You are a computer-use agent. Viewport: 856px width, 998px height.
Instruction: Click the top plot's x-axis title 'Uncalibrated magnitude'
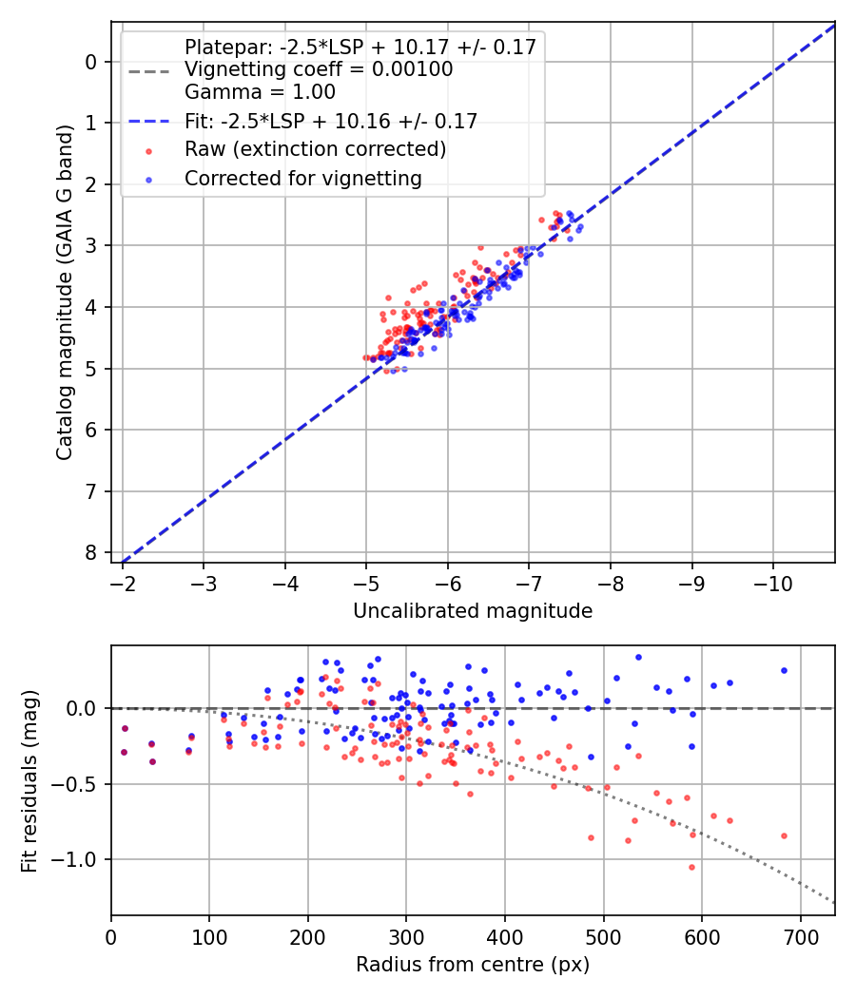[x=473, y=611]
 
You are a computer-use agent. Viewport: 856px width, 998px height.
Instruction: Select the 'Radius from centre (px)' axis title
[x=473, y=965]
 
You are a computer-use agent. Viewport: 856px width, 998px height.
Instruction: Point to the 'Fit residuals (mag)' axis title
[x=29, y=780]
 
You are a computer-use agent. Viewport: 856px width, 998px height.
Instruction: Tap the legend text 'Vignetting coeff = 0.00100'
[x=319, y=69]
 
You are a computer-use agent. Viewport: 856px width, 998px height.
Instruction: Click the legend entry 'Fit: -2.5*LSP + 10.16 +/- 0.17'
[x=331, y=121]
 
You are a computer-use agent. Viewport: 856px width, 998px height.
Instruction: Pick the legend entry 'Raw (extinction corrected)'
[x=315, y=149]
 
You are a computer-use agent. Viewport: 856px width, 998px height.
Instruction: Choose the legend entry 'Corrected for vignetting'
[x=303, y=178]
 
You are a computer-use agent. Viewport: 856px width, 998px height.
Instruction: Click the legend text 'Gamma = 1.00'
[x=260, y=92]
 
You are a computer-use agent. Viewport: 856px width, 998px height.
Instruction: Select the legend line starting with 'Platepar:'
[x=360, y=47]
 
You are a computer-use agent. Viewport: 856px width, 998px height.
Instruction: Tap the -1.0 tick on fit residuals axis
[x=80, y=859]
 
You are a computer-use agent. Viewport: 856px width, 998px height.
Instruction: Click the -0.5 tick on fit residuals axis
[x=80, y=784]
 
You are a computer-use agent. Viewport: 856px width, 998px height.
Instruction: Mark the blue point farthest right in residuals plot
[x=784, y=670]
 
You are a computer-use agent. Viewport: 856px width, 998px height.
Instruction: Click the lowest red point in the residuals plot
[x=691, y=867]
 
